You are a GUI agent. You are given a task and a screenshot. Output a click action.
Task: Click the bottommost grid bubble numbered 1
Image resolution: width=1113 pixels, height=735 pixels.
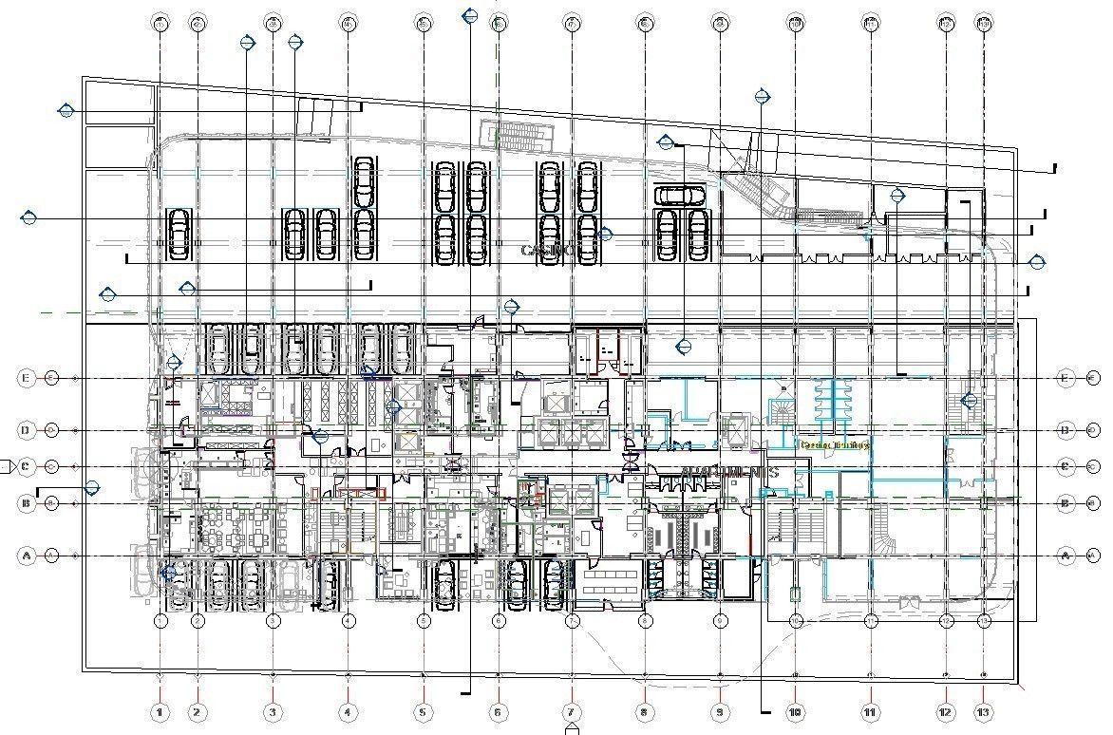point(160,711)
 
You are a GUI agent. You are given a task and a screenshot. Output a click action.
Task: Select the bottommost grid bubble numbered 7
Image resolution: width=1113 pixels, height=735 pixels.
point(571,711)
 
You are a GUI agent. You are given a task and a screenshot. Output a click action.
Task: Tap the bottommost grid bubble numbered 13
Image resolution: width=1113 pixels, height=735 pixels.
point(984,711)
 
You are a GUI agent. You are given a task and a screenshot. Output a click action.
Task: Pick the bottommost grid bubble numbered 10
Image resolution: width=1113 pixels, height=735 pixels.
point(796,711)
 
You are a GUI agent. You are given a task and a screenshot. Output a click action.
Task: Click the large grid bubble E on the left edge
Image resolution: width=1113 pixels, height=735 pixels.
point(26,378)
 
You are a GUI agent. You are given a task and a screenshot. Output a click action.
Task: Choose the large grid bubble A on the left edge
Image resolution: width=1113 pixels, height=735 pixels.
point(26,555)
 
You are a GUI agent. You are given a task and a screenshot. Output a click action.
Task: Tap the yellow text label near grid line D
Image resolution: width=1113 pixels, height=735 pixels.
point(836,443)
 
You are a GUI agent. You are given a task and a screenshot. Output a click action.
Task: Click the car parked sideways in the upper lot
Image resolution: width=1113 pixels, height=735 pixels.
point(680,196)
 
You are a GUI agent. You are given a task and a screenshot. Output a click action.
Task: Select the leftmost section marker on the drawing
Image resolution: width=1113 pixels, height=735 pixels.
point(28,217)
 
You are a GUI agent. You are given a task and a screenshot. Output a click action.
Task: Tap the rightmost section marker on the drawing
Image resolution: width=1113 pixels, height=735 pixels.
point(1037,261)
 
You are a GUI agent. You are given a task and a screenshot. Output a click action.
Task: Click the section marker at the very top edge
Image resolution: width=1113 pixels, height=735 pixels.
point(469,15)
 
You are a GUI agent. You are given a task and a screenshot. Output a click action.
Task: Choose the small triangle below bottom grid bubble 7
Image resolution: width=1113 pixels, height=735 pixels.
point(572,728)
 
